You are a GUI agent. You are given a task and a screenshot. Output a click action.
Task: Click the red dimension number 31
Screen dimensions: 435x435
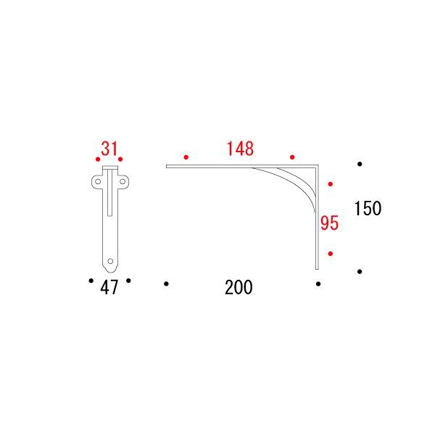point(109,149)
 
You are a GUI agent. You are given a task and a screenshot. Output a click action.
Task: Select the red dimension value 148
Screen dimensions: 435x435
point(240,149)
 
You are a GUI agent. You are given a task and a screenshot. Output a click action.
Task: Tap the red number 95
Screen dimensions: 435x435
point(330,223)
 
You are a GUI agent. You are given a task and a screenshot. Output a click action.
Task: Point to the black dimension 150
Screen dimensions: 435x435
point(368,208)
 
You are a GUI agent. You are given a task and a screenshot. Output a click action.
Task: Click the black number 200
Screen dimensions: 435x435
point(239,287)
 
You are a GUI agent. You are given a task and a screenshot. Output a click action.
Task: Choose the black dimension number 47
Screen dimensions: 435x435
point(109,287)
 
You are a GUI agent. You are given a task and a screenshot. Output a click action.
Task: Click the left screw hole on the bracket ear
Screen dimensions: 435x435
point(98,182)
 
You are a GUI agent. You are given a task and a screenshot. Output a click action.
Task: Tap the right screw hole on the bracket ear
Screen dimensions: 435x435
point(123,182)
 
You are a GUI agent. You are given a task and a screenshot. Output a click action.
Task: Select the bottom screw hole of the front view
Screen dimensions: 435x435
point(110,261)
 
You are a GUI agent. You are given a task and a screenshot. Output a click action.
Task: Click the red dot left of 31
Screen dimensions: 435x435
point(98,159)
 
